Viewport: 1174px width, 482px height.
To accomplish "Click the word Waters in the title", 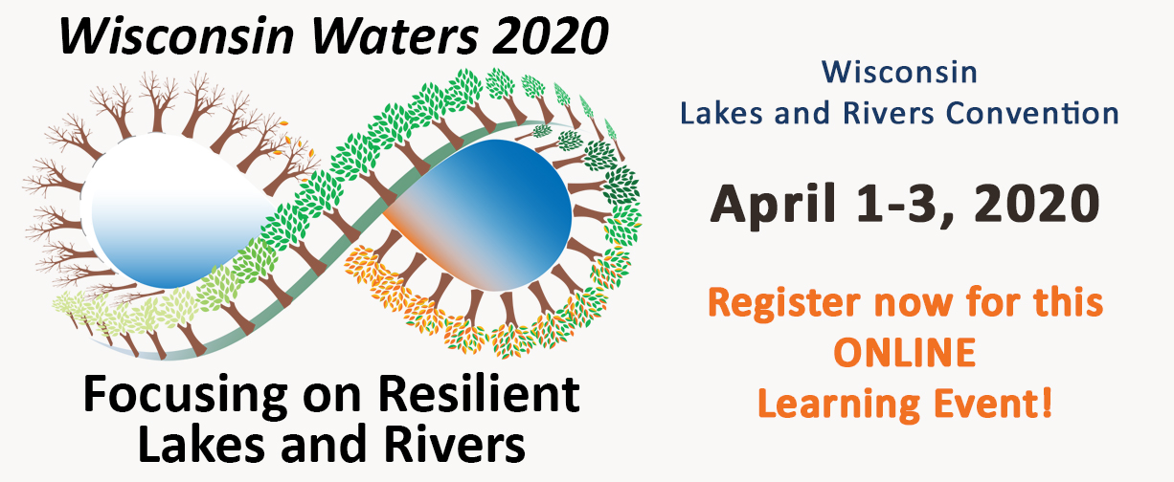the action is (x=395, y=36).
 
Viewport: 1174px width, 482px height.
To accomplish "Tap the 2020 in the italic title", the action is (x=550, y=36).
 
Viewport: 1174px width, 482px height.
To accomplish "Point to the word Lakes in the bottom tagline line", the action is (x=202, y=444).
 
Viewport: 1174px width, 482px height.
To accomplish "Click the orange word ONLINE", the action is (x=905, y=352).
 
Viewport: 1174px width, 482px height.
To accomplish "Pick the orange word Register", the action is (x=783, y=304).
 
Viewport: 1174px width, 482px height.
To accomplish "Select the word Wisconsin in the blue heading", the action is (x=899, y=73).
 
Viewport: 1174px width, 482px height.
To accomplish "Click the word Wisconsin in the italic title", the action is (x=176, y=36).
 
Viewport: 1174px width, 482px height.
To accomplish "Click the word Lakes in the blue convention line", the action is (x=721, y=113).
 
